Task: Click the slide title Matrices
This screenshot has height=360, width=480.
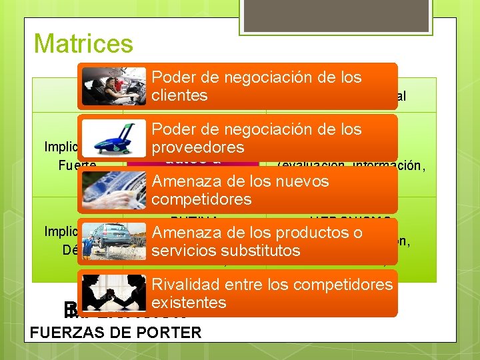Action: click(x=83, y=44)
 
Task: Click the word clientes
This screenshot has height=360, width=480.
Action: click(x=179, y=95)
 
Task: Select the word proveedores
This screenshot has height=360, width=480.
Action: click(x=198, y=147)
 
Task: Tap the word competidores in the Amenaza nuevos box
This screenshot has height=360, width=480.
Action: click(x=201, y=199)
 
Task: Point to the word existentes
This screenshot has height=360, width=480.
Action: click(x=189, y=303)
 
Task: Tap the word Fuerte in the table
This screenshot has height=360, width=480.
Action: click(x=77, y=165)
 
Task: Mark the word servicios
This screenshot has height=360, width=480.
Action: click(x=179, y=251)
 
